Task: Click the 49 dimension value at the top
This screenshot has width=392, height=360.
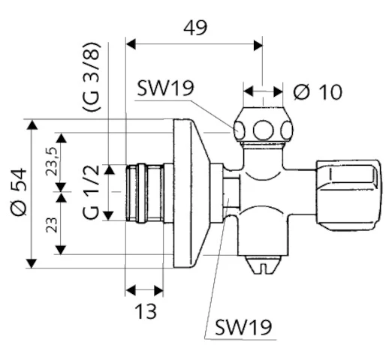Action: [195, 28]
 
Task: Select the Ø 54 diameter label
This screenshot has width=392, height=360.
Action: [19, 192]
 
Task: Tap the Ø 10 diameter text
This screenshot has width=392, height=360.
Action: [318, 92]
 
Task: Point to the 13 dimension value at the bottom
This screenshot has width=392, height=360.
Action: [146, 311]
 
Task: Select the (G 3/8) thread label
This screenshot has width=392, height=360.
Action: [92, 76]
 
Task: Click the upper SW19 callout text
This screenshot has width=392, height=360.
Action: [165, 88]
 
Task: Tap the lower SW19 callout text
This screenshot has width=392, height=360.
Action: [243, 327]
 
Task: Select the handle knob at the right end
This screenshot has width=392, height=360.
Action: [348, 195]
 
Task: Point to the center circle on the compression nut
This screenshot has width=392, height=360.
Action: [263, 130]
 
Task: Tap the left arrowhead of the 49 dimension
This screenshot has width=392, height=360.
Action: [131, 44]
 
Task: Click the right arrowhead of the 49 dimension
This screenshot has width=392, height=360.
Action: [258, 45]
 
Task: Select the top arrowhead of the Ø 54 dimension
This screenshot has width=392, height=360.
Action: [32, 124]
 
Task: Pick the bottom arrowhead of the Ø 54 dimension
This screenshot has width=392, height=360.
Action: [32, 263]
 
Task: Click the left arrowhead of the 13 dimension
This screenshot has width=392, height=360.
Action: [130, 290]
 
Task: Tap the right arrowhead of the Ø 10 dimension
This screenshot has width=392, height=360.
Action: [278, 91]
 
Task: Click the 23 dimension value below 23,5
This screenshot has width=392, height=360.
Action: [53, 226]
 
